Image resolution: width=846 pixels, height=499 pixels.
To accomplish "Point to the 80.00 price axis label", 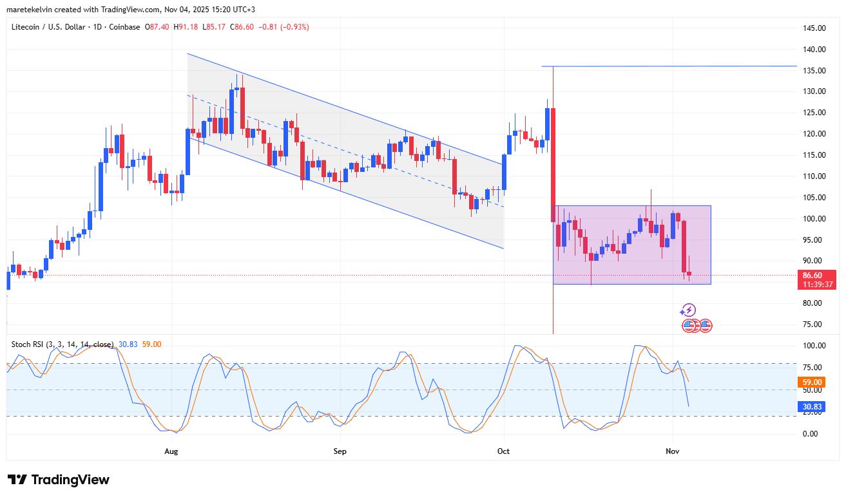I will (x=813, y=303).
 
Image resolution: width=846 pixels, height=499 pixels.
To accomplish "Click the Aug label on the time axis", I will (x=171, y=451).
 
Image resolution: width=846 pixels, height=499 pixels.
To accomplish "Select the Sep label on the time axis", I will (x=340, y=451).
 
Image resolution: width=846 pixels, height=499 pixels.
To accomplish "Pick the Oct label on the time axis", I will (x=503, y=451).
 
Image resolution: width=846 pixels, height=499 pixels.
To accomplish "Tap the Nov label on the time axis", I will (x=672, y=451).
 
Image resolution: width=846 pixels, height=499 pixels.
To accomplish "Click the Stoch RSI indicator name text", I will (x=62, y=344).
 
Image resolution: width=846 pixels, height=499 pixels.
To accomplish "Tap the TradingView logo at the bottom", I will (x=59, y=480).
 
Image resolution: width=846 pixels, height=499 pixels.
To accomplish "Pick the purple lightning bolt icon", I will (x=688, y=310).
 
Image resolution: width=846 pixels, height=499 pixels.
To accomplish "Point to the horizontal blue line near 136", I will (x=670, y=66).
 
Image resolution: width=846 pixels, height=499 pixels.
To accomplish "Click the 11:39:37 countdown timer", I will (x=817, y=284).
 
